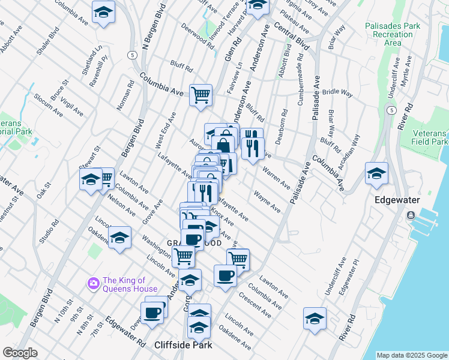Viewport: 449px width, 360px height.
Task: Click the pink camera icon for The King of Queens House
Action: point(93,283)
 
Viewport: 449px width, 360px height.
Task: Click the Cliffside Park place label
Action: point(183,345)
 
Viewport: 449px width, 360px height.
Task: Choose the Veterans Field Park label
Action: point(429,137)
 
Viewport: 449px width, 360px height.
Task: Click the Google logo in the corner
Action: point(20,353)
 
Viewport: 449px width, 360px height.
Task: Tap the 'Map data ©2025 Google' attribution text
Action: point(412,355)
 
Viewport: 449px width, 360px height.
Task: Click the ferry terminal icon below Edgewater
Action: point(411,215)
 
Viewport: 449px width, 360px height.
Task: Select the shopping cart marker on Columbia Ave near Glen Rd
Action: point(200,94)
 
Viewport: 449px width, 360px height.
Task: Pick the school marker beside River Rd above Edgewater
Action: point(376,173)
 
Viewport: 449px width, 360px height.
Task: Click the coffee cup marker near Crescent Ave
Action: point(225,276)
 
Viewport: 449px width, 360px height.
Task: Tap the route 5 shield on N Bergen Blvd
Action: point(130,55)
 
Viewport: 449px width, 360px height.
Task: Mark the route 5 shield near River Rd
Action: point(391,110)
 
